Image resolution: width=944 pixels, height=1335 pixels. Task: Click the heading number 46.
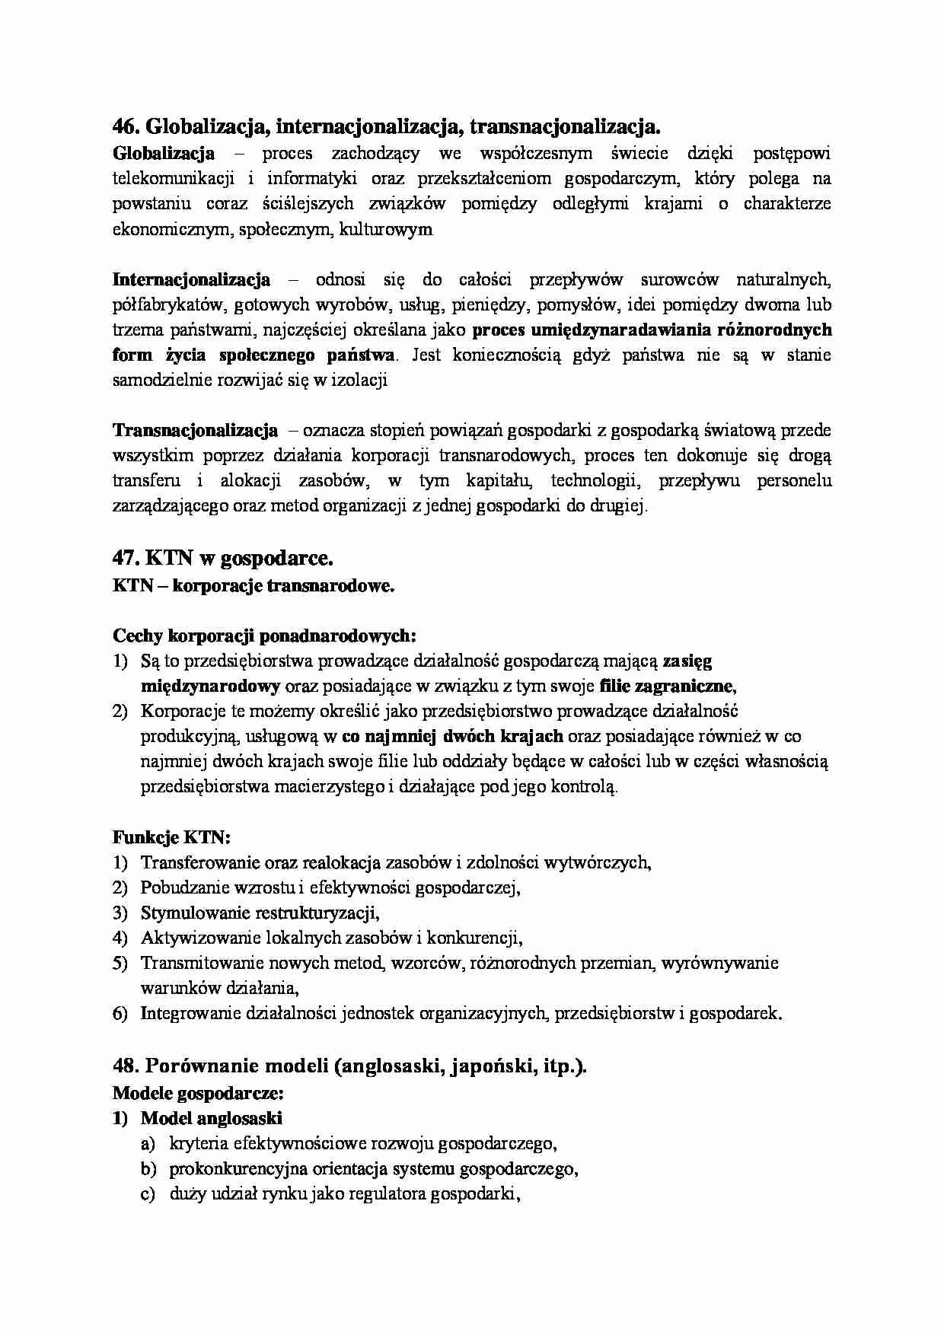coord(126,125)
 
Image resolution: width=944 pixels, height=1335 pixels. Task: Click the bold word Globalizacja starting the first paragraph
coord(163,154)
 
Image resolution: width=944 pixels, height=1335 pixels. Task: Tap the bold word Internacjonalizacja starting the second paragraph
coord(191,279)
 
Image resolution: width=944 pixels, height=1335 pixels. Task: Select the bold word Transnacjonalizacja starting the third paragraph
coord(195,431)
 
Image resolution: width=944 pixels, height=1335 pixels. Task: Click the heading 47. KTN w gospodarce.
coord(222,558)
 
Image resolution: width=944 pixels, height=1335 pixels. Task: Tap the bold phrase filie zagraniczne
coord(667,686)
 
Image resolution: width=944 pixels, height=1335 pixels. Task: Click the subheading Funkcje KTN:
coord(171,837)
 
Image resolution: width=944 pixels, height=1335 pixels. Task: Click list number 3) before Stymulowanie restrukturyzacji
coord(120,913)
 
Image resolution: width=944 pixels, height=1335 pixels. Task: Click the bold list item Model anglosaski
coord(211,1118)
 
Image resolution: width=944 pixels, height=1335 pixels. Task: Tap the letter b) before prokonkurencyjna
coord(148,1168)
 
